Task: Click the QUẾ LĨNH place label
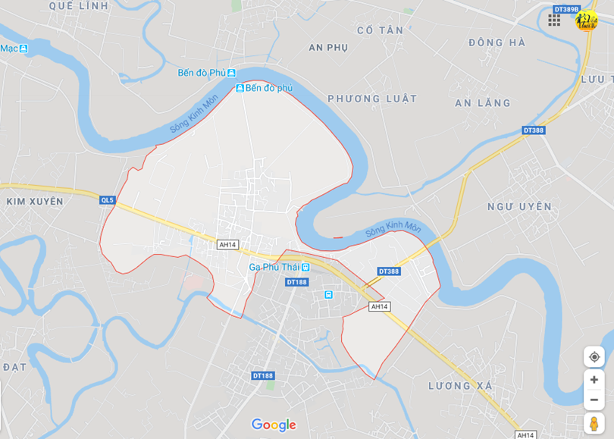point(79,5)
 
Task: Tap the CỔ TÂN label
point(380,30)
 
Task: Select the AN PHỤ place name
point(328,47)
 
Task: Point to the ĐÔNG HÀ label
point(497,42)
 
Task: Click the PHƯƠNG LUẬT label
point(372,99)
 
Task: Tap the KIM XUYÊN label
point(35,202)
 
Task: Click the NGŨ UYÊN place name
point(519,206)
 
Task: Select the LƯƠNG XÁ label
point(460,386)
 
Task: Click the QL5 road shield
point(107,200)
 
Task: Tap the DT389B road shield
point(565,9)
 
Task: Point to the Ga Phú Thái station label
point(274,267)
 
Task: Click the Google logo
point(274,425)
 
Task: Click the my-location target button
point(594,356)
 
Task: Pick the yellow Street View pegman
point(594,423)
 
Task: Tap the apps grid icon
point(554,20)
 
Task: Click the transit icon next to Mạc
point(23,49)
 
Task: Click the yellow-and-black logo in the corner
point(586,20)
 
